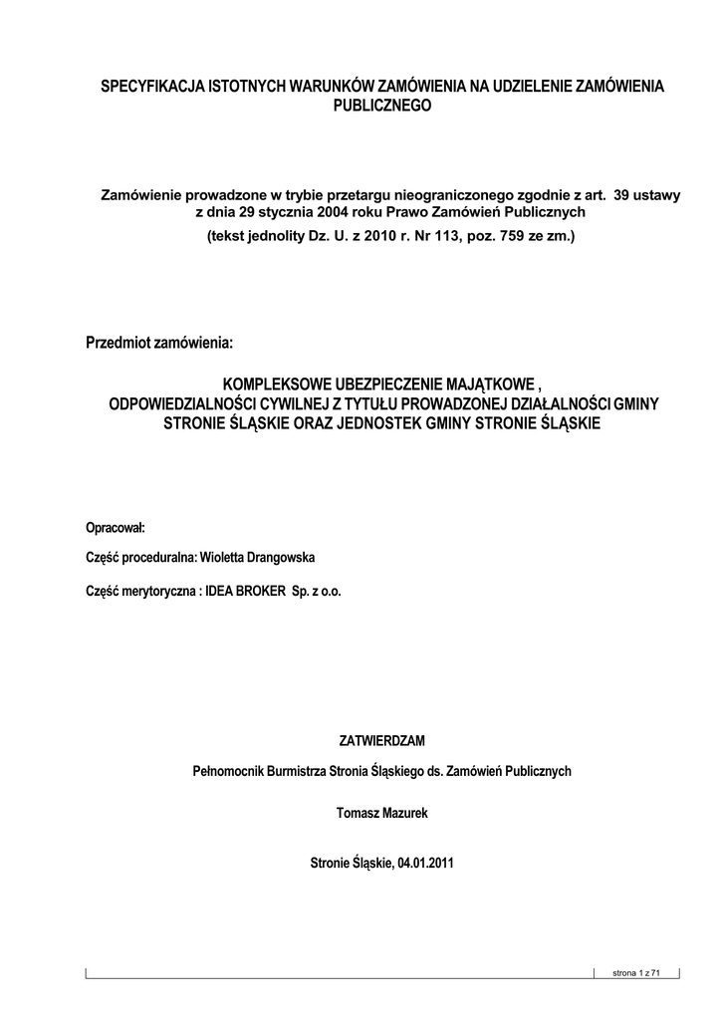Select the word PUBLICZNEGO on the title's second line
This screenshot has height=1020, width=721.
382,106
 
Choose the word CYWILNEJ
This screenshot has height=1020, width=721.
292,403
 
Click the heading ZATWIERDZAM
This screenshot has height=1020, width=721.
382,741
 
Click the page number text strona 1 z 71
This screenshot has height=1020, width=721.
637,972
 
